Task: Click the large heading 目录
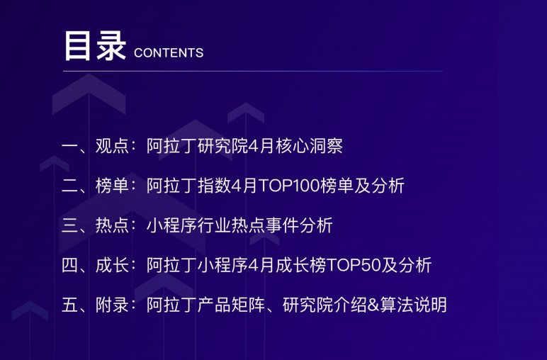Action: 95,46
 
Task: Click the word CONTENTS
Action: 169,53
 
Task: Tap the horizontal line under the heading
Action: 253,71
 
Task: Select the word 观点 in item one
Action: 113,146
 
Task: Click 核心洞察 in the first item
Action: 309,146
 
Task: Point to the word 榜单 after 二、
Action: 113,186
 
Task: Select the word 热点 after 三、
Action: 113,225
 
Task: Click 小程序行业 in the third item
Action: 189,225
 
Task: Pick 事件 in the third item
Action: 282,225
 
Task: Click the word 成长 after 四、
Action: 113,265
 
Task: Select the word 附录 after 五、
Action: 113,305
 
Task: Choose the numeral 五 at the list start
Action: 70,305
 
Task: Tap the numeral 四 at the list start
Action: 70,265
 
